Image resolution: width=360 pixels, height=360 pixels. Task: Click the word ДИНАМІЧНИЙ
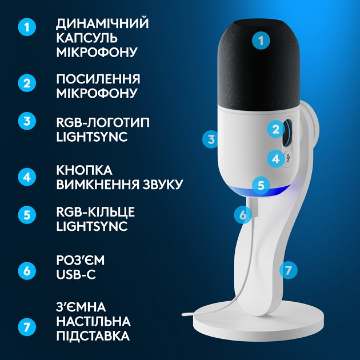tap(102, 24)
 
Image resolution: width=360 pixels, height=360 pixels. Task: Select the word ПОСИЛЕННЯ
tap(98, 79)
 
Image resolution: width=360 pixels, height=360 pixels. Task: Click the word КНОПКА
tap(84, 171)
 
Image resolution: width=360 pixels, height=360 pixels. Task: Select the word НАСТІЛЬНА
tap(93, 321)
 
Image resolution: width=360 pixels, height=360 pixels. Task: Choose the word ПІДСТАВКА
tap(93, 336)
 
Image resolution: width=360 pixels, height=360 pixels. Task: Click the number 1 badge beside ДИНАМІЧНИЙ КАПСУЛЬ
tap(27, 27)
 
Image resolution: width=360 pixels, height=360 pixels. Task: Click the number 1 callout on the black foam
tap(261, 41)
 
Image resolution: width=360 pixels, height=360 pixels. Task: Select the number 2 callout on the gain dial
tap(276, 129)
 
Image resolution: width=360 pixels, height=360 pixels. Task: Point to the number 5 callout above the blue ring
tap(261, 185)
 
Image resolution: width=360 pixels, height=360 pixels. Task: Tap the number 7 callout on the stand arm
tap(288, 270)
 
